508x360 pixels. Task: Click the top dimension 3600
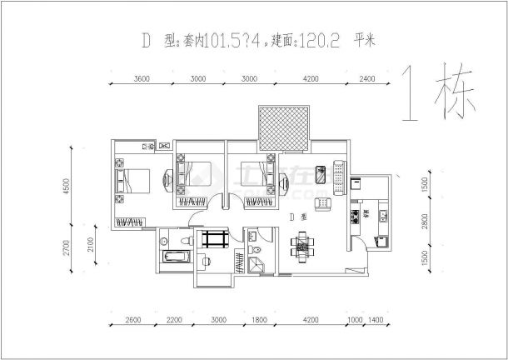[141, 80]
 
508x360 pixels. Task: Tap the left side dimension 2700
[76, 247]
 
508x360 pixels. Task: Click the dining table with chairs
[300, 246]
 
